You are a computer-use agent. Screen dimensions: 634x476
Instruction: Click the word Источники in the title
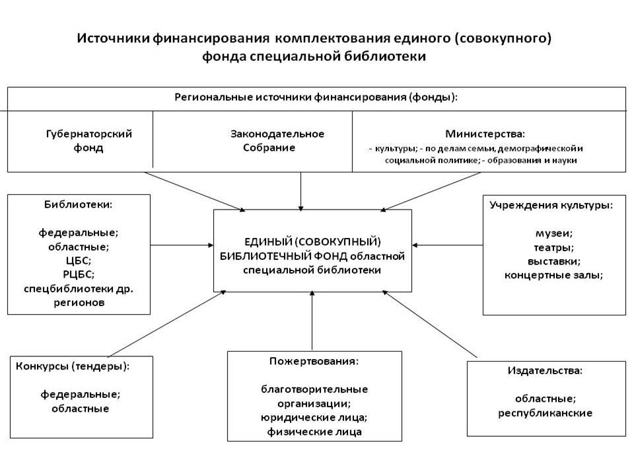[x=113, y=38]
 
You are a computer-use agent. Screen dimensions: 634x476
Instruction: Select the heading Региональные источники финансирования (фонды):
[x=316, y=98]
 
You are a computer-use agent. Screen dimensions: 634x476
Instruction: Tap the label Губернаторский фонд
[x=89, y=140]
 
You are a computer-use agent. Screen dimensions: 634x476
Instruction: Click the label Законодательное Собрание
[x=277, y=140]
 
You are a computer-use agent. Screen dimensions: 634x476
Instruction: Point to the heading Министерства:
[x=485, y=134]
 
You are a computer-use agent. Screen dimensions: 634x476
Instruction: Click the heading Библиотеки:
[x=78, y=204]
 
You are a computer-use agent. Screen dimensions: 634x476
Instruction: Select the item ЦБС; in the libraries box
[x=79, y=260]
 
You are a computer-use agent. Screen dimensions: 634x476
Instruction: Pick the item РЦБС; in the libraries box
[x=79, y=274]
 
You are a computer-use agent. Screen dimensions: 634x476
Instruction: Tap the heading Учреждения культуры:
[x=551, y=205]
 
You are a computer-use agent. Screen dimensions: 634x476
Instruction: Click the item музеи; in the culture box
[x=554, y=233]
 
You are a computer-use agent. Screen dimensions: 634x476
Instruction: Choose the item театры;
[x=554, y=248]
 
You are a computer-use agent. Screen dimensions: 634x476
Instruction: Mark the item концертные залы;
[x=553, y=276]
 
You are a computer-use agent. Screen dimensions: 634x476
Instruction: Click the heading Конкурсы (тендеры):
[x=73, y=366]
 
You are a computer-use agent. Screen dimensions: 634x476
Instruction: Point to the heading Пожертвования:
[x=314, y=361]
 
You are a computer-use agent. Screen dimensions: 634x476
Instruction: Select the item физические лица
[x=314, y=432]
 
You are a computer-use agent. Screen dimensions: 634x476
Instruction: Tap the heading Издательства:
[x=546, y=371]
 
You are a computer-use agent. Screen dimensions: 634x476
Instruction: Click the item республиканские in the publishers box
[x=545, y=413]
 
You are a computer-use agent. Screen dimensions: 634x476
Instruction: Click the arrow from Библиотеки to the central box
[x=182, y=245]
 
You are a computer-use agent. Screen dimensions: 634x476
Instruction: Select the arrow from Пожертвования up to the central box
[x=312, y=321]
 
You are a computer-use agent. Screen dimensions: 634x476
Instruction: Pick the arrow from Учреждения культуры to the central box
[x=448, y=245]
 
